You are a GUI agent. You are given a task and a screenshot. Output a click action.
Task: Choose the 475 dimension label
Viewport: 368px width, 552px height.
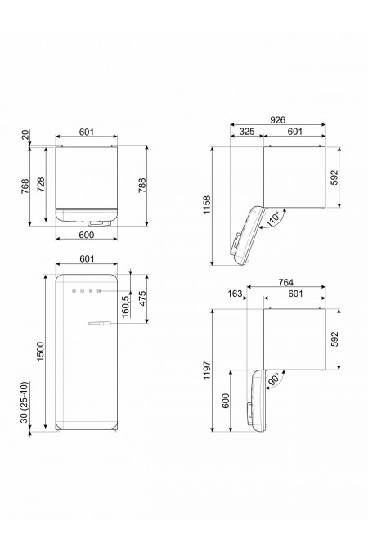coord(143,299)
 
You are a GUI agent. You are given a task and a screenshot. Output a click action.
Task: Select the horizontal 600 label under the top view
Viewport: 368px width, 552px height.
coord(87,235)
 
